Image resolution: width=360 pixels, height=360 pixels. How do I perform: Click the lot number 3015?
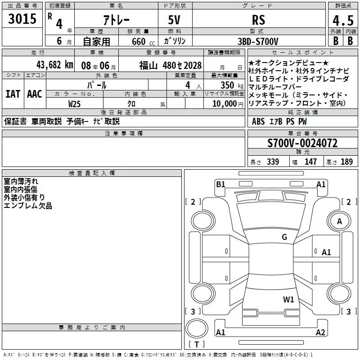[x=22, y=19]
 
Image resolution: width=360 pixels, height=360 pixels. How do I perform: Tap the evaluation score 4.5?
[x=342, y=21]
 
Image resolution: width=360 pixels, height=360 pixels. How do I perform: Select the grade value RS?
[x=258, y=20]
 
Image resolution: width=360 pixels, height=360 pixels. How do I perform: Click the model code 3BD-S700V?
[x=258, y=41]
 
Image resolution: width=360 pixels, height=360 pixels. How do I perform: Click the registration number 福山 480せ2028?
[x=170, y=65]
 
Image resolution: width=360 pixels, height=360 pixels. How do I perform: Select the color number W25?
[x=74, y=103]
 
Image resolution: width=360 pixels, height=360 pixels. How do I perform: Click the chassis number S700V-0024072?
[x=302, y=143]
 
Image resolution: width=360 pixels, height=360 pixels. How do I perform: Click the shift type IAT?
[x=13, y=94]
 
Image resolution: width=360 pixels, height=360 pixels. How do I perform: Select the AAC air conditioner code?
[x=34, y=94]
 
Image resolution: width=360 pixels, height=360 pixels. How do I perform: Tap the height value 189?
[x=347, y=162]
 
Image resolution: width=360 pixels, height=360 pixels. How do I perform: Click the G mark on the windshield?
[x=284, y=237]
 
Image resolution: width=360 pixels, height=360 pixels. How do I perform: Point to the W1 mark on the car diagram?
[x=288, y=299]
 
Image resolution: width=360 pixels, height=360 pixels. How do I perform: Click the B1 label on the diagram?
[x=220, y=184]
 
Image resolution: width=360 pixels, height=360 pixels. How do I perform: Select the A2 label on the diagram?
[x=320, y=333]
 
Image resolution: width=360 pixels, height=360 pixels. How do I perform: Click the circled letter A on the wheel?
[x=340, y=221]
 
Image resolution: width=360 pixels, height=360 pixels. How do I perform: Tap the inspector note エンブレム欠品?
[x=28, y=206]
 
